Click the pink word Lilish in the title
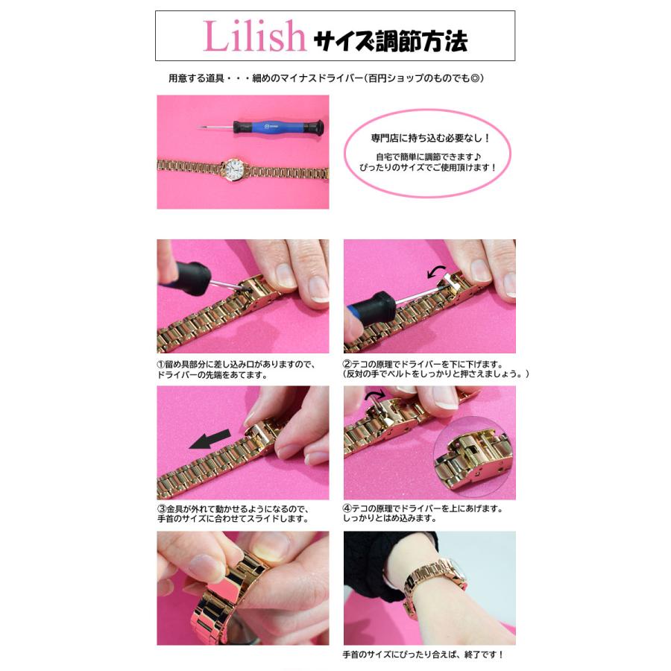254,37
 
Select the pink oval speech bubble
426,152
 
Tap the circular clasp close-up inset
473,460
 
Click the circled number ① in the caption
161,365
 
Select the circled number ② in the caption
348,365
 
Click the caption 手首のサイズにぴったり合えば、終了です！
423,655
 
